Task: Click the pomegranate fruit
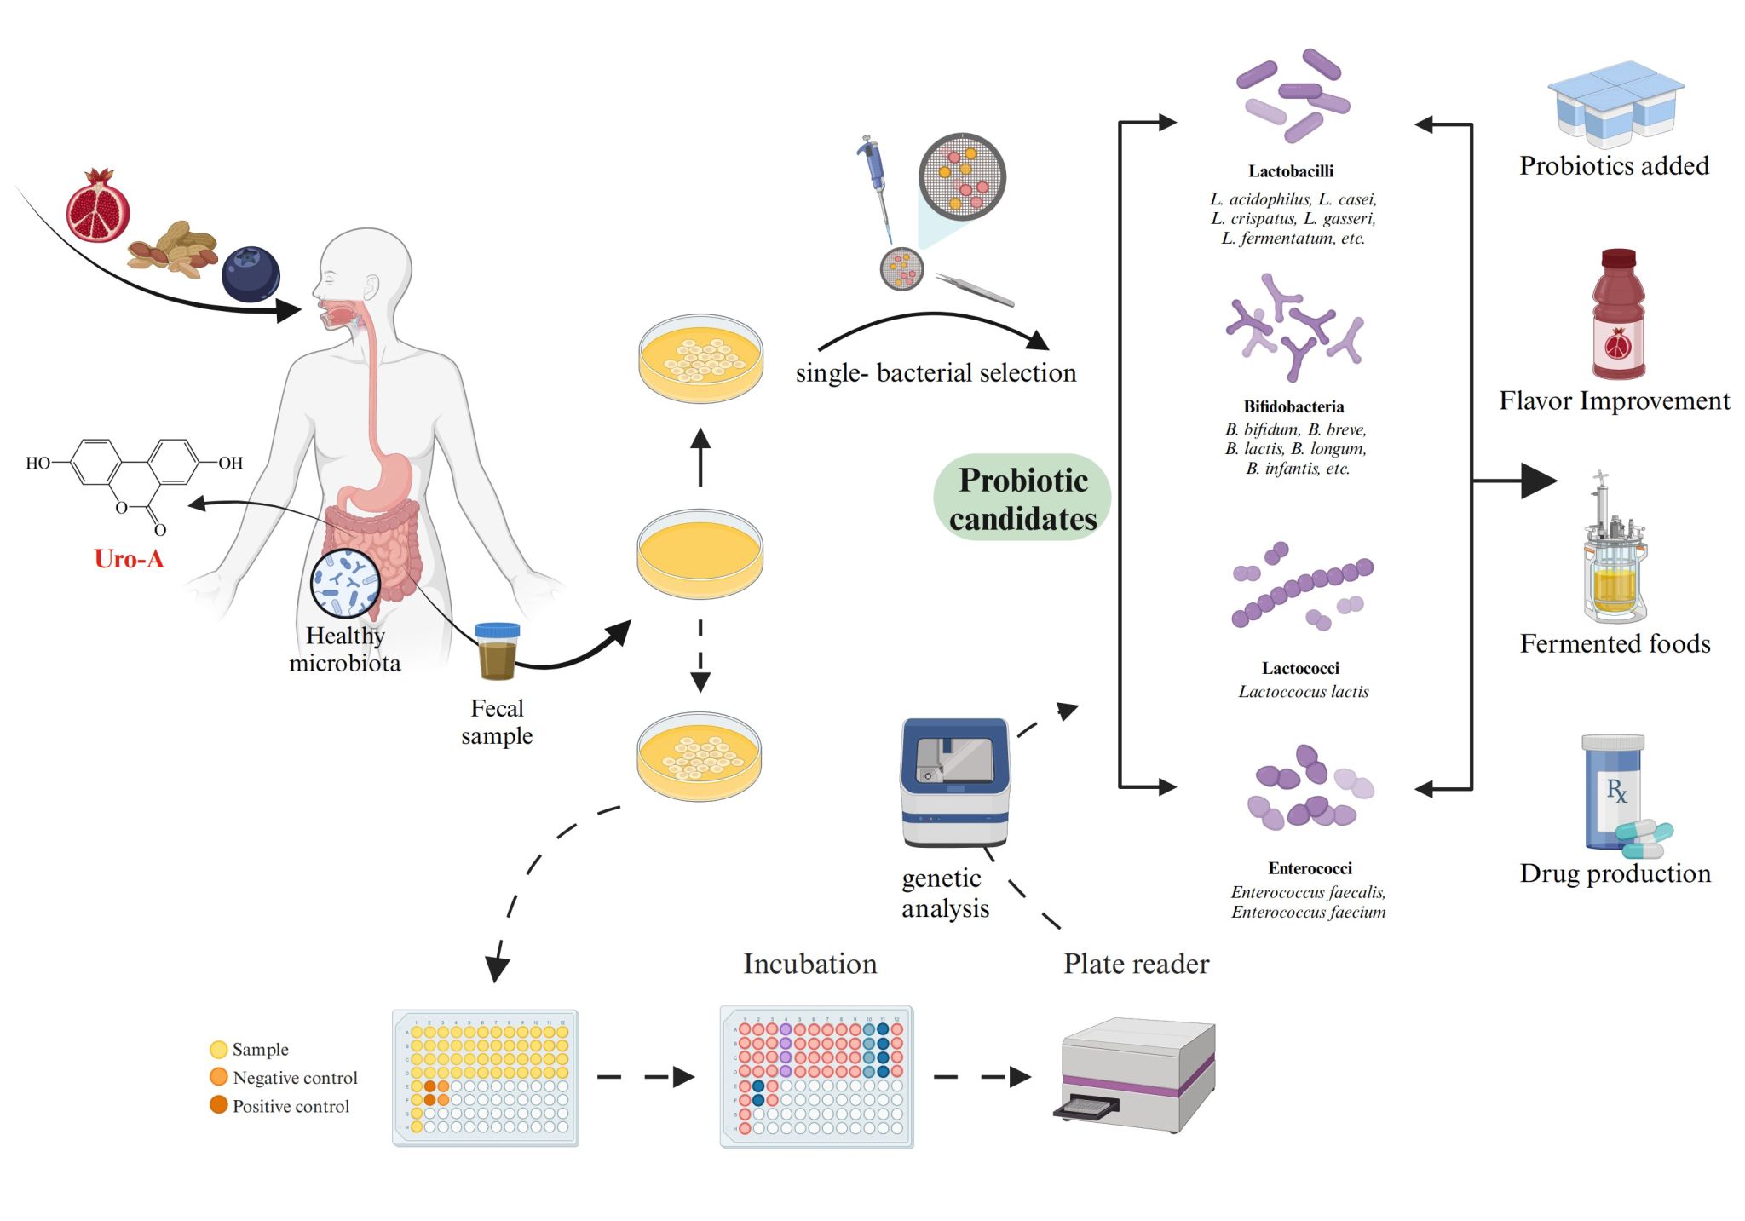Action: point(98,206)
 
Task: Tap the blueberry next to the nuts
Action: point(251,274)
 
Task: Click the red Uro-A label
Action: point(129,559)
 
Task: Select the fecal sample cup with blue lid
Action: point(498,651)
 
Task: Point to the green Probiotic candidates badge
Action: point(1022,498)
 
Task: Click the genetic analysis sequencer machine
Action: point(955,781)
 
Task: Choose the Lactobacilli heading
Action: point(1291,171)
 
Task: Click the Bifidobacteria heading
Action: point(1293,407)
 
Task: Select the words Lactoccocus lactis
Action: point(1303,692)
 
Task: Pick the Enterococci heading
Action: point(1310,868)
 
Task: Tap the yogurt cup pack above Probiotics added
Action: point(1615,101)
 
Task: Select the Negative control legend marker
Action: point(219,1077)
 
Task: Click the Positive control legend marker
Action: point(219,1105)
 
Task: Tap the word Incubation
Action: point(809,964)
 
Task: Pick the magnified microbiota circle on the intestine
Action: point(345,583)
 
